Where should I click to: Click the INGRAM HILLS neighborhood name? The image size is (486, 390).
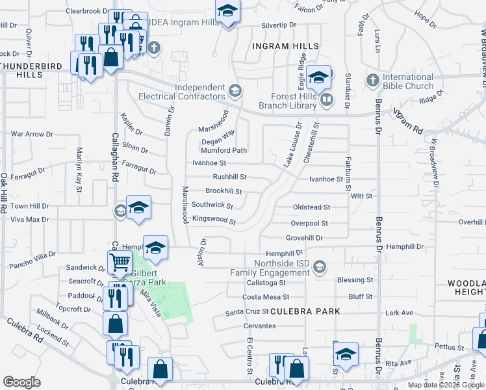pyautogui.click(x=286, y=46)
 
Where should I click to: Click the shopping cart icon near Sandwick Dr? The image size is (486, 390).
pyautogui.click(x=120, y=263)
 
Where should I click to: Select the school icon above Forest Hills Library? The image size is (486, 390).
pyautogui.click(x=319, y=78)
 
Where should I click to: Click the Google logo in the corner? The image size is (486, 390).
pyautogui.click(x=22, y=382)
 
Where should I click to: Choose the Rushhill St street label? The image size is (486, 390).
pyautogui.click(x=230, y=177)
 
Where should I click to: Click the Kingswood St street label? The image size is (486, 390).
pyautogui.click(x=213, y=220)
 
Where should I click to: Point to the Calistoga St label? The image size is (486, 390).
pyautogui.click(x=266, y=283)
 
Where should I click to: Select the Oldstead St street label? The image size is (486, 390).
pyautogui.click(x=311, y=207)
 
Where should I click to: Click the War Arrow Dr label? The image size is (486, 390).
pyautogui.click(x=32, y=134)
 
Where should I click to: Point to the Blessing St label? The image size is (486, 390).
pyautogui.click(x=355, y=280)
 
